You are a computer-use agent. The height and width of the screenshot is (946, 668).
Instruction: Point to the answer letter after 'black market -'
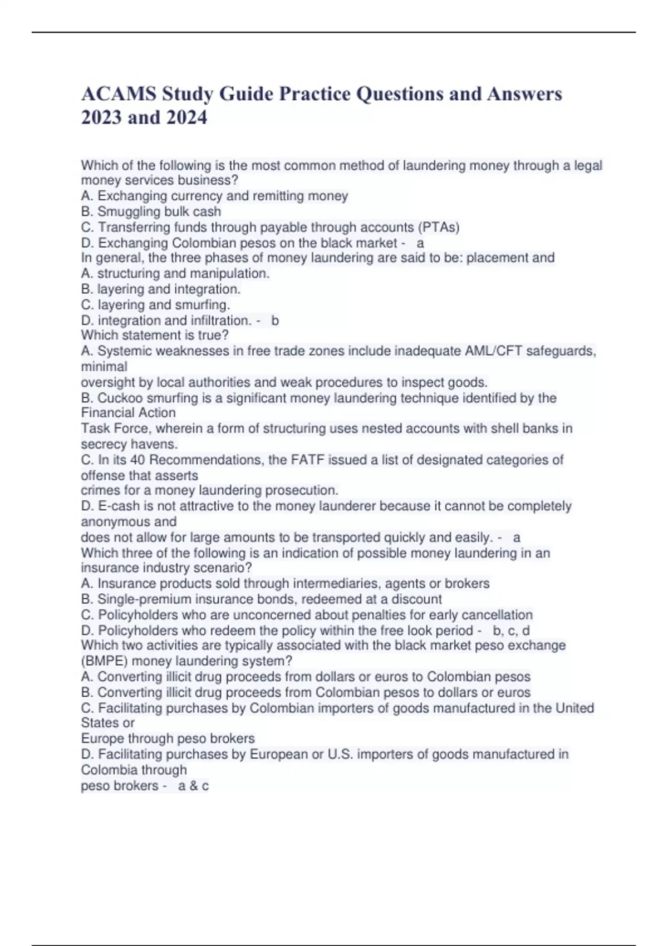coord(420,243)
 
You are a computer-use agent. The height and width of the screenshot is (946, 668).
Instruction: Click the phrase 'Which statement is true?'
coord(155,336)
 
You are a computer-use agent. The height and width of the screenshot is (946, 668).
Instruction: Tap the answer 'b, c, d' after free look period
coord(511,631)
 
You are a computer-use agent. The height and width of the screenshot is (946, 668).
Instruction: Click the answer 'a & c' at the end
coord(193,786)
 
